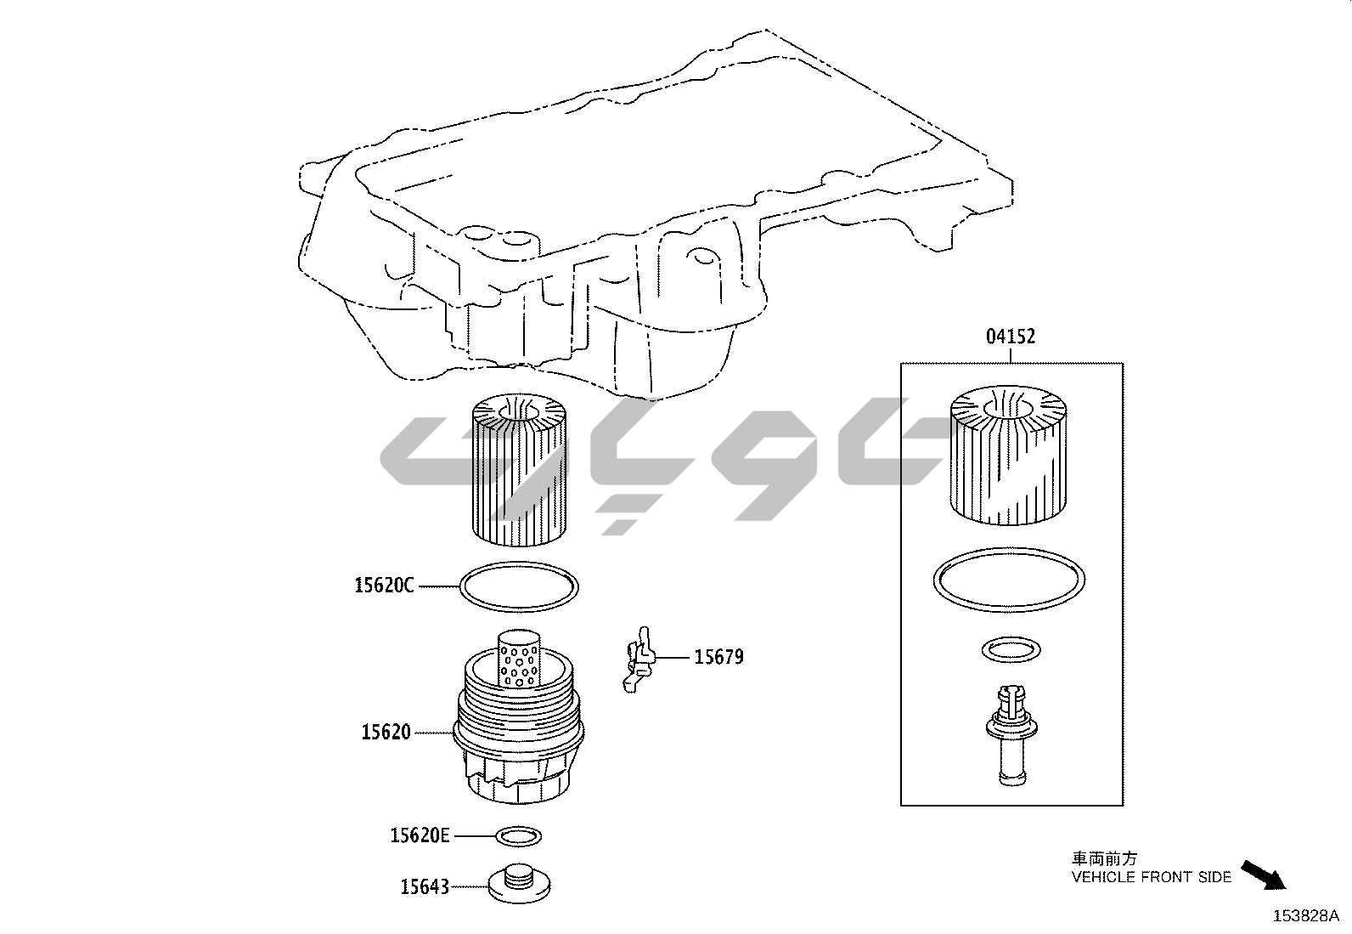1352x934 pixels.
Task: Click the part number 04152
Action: click(x=1011, y=337)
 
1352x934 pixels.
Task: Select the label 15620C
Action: click(x=384, y=586)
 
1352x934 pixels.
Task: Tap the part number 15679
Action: click(x=718, y=657)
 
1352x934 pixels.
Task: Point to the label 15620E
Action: click(x=420, y=835)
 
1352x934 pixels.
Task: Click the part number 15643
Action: click(x=425, y=887)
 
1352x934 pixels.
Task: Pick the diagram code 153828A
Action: click(x=1306, y=916)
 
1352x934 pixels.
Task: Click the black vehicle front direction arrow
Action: click(x=1264, y=875)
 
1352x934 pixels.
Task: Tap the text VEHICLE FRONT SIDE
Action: click(x=1151, y=877)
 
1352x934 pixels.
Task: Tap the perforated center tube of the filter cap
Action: click(x=519, y=659)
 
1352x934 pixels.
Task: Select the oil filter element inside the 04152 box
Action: click(x=1009, y=455)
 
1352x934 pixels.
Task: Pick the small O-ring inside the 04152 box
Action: click(x=1011, y=638)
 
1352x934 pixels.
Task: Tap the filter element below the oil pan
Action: click(x=519, y=470)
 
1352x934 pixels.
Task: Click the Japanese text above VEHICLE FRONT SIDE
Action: click(x=1104, y=858)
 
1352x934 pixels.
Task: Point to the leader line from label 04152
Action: click(x=1011, y=354)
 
